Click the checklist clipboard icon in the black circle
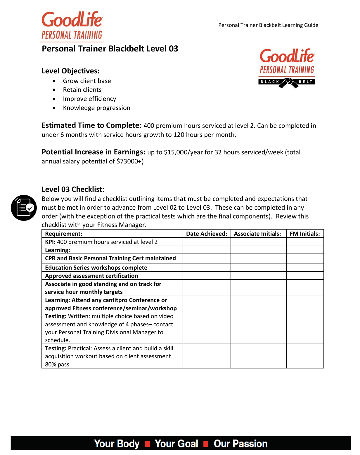point(24,208)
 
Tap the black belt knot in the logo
point(288,82)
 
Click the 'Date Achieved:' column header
point(207,234)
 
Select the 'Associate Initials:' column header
point(257,234)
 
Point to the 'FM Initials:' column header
point(305,234)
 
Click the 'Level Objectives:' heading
point(70,71)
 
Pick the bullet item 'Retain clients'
point(82,90)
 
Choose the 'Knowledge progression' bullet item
point(96,108)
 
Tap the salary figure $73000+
point(129,161)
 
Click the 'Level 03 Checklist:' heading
point(73,189)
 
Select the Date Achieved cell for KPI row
point(207,242)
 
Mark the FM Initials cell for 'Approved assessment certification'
point(305,276)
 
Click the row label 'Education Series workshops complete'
point(96,268)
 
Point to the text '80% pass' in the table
point(57,364)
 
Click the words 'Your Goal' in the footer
point(176,444)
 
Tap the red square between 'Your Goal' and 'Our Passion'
point(206,444)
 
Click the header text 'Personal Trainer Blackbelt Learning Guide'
point(268,25)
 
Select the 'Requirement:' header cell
point(64,234)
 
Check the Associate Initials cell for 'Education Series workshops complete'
point(258,268)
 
